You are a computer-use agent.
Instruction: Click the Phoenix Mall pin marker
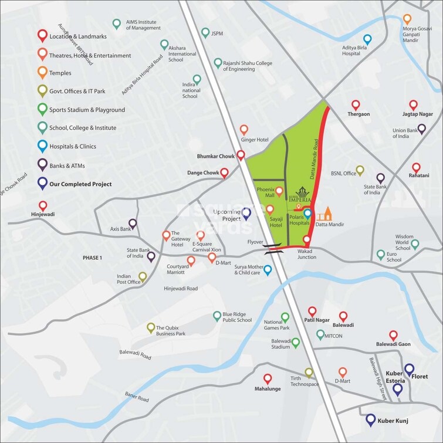click(279, 191)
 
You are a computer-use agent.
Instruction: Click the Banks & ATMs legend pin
click(42, 164)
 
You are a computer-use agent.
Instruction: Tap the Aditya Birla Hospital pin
click(367, 39)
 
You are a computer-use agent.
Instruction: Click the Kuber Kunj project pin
click(371, 420)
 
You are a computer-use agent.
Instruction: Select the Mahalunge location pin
click(268, 379)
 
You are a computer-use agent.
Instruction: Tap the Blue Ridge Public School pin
click(218, 316)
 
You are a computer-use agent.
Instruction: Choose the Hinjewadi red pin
click(43, 206)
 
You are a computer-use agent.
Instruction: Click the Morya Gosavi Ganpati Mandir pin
click(407, 19)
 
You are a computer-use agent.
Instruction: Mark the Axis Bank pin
click(133, 223)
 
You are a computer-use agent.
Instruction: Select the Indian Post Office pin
click(143, 276)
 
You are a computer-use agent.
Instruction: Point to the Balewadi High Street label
click(377, 379)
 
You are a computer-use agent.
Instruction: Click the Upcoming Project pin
click(247, 214)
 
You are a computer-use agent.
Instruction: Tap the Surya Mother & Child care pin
click(268, 270)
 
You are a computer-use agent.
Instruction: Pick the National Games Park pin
click(285, 317)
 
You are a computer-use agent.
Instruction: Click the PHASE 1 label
click(92, 258)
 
